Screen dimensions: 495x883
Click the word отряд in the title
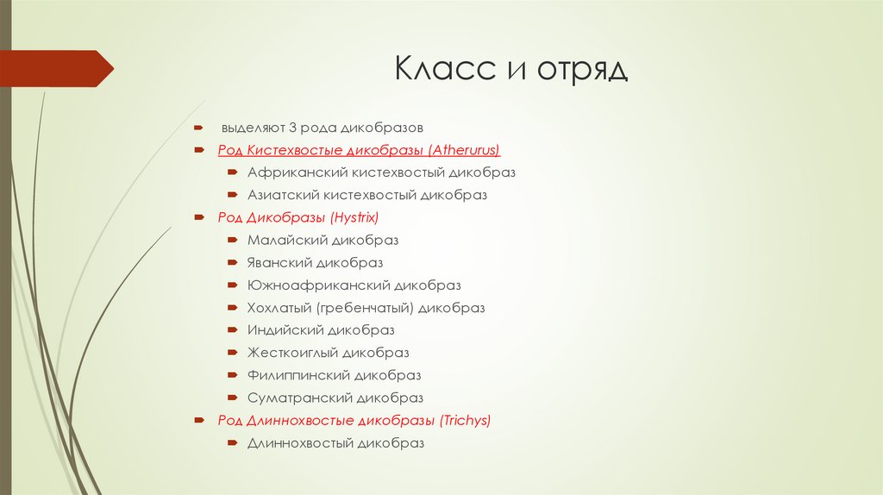click(583, 70)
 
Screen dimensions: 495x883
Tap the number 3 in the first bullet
click(292, 128)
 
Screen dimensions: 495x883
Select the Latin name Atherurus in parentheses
click(467, 150)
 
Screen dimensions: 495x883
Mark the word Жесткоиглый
click(292, 353)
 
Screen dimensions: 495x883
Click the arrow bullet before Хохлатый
click(233, 308)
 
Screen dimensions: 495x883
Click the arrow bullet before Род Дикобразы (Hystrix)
click(198, 217)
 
